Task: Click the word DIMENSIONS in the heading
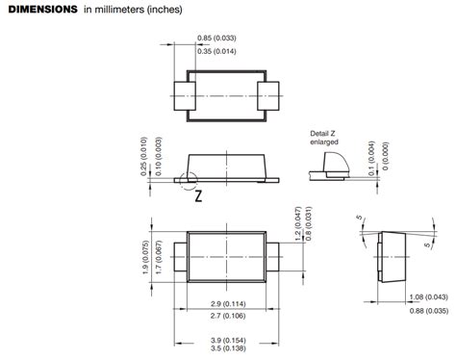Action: coord(42,10)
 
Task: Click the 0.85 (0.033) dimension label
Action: coord(216,39)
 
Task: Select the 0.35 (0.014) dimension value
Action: coord(216,51)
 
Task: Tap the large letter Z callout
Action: coord(199,195)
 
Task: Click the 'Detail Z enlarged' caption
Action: coord(324,138)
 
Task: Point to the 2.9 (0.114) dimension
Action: coord(228,303)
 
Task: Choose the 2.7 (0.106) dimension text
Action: coord(228,316)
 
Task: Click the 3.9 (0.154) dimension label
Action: coord(228,340)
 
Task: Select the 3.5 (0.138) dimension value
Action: coord(228,348)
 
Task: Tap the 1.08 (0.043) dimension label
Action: coord(429,297)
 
